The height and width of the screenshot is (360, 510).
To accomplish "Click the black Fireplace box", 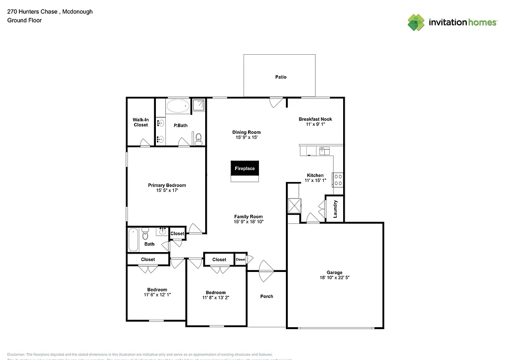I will (245, 169).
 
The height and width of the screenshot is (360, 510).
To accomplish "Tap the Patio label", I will (281, 77).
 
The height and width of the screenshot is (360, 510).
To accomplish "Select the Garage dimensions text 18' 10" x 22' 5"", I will (334, 278).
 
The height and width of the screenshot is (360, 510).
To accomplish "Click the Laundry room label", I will (335, 209).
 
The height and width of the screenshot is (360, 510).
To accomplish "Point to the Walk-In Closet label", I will (140, 122).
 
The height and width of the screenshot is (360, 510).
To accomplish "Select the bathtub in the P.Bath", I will (177, 105).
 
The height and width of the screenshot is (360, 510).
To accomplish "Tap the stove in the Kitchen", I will (337, 180).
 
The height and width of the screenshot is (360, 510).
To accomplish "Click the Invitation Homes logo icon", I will (416, 22).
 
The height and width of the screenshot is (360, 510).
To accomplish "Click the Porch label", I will (267, 296).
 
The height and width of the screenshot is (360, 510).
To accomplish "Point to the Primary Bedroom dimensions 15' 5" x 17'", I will (167, 190).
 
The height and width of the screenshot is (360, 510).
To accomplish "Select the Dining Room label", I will (247, 132).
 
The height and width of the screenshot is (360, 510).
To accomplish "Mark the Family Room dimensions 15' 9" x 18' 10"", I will (249, 222).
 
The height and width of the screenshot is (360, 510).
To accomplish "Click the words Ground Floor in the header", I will (24, 20).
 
